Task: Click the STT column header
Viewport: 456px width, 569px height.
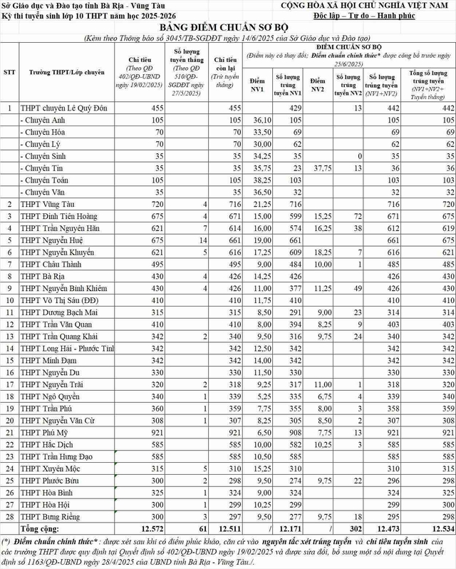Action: tap(9, 72)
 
